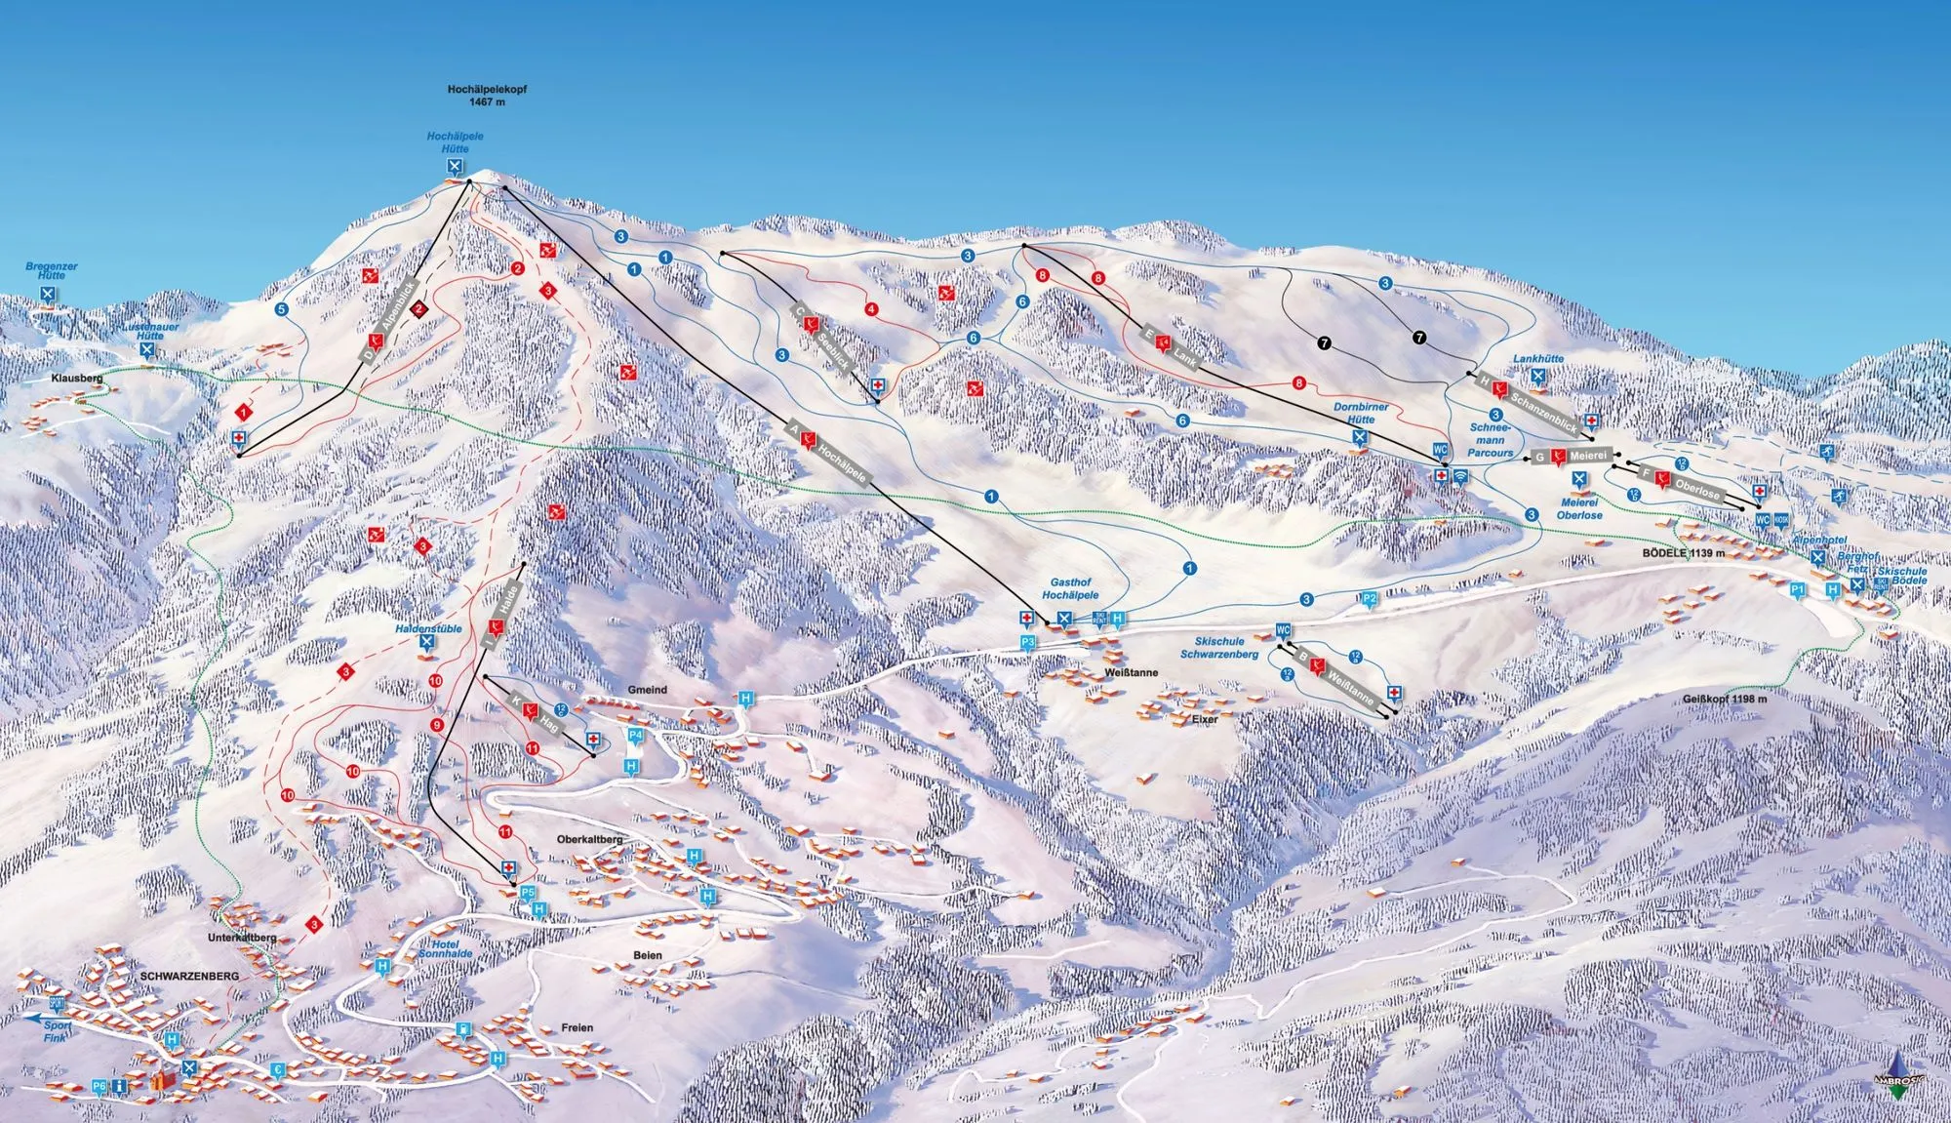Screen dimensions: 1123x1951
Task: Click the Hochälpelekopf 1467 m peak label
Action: click(487, 95)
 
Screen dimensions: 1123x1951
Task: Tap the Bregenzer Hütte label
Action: click(51, 270)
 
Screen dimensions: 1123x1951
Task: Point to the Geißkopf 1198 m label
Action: click(1724, 699)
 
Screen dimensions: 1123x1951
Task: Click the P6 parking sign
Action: click(99, 1086)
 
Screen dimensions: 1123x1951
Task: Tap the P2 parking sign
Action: click(1369, 598)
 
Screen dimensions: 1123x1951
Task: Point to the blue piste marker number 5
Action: click(282, 309)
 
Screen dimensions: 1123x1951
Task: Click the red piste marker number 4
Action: click(871, 310)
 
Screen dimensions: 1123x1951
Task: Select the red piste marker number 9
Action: click(436, 725)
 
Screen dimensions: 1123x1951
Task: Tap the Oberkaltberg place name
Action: click(589, 839)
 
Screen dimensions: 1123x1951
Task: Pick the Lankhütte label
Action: click(1538, 359)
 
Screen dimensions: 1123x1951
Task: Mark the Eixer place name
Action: click(1205, 718)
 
